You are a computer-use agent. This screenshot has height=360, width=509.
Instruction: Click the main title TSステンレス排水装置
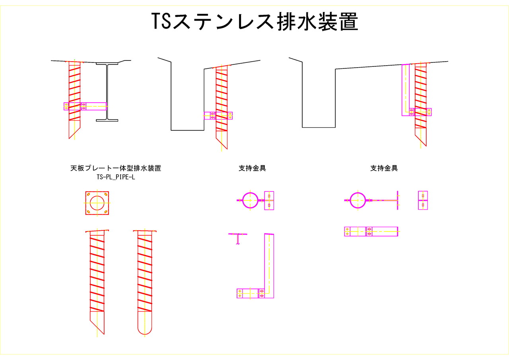click(255, 21)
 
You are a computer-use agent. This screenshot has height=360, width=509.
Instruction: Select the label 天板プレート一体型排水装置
click(116, 168)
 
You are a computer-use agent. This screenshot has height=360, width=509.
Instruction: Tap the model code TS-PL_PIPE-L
click(116, 177)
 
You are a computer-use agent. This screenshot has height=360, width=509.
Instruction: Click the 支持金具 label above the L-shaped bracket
click(252, 168)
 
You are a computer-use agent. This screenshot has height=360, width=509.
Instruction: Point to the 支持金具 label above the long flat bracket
click(384, 168)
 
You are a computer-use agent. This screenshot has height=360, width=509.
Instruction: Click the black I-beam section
click(107, 92)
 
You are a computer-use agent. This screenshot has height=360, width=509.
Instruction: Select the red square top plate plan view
click(97, 203)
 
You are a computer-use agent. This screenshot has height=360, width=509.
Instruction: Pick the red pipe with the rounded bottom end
click(145, 282)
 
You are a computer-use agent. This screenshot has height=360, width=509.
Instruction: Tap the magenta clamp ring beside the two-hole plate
click(250, 200)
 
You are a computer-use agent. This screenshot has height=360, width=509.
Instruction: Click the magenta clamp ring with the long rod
click(357, 200)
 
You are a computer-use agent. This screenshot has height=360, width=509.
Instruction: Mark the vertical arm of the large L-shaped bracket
click(269, 266)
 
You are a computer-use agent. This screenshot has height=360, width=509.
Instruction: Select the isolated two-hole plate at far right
click(423, 200)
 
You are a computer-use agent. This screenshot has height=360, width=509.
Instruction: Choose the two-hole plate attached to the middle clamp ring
click(269, 200)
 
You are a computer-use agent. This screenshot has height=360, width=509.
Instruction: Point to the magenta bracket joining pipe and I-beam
click(85, 106)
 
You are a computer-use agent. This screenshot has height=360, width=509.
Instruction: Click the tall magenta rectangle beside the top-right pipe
click(406, 90)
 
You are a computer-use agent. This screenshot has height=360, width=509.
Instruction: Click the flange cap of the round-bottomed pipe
click(145, 231)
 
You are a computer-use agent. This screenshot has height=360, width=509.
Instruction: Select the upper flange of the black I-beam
click(107, 64)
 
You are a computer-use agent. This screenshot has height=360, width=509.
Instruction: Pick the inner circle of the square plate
click(97, 203)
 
